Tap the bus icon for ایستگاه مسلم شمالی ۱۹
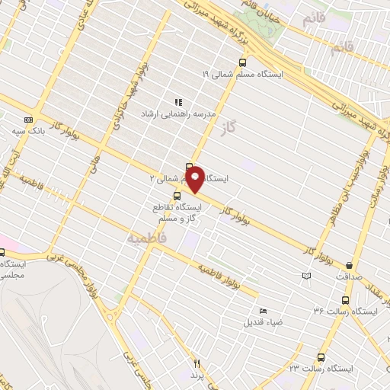coord(242,62)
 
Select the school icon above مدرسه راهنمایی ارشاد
coord(178,102)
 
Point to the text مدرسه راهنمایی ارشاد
coord(177,113)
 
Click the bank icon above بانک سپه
coord(29,120)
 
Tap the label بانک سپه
coord(28,132)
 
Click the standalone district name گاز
coord(244,130)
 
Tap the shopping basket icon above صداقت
coord(350,266)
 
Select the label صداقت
coord(350,278)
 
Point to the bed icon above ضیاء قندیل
coord(264,311)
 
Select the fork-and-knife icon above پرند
coord(197,364)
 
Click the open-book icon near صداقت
coord(306,276)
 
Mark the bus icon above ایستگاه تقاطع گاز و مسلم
coord(177,196)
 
